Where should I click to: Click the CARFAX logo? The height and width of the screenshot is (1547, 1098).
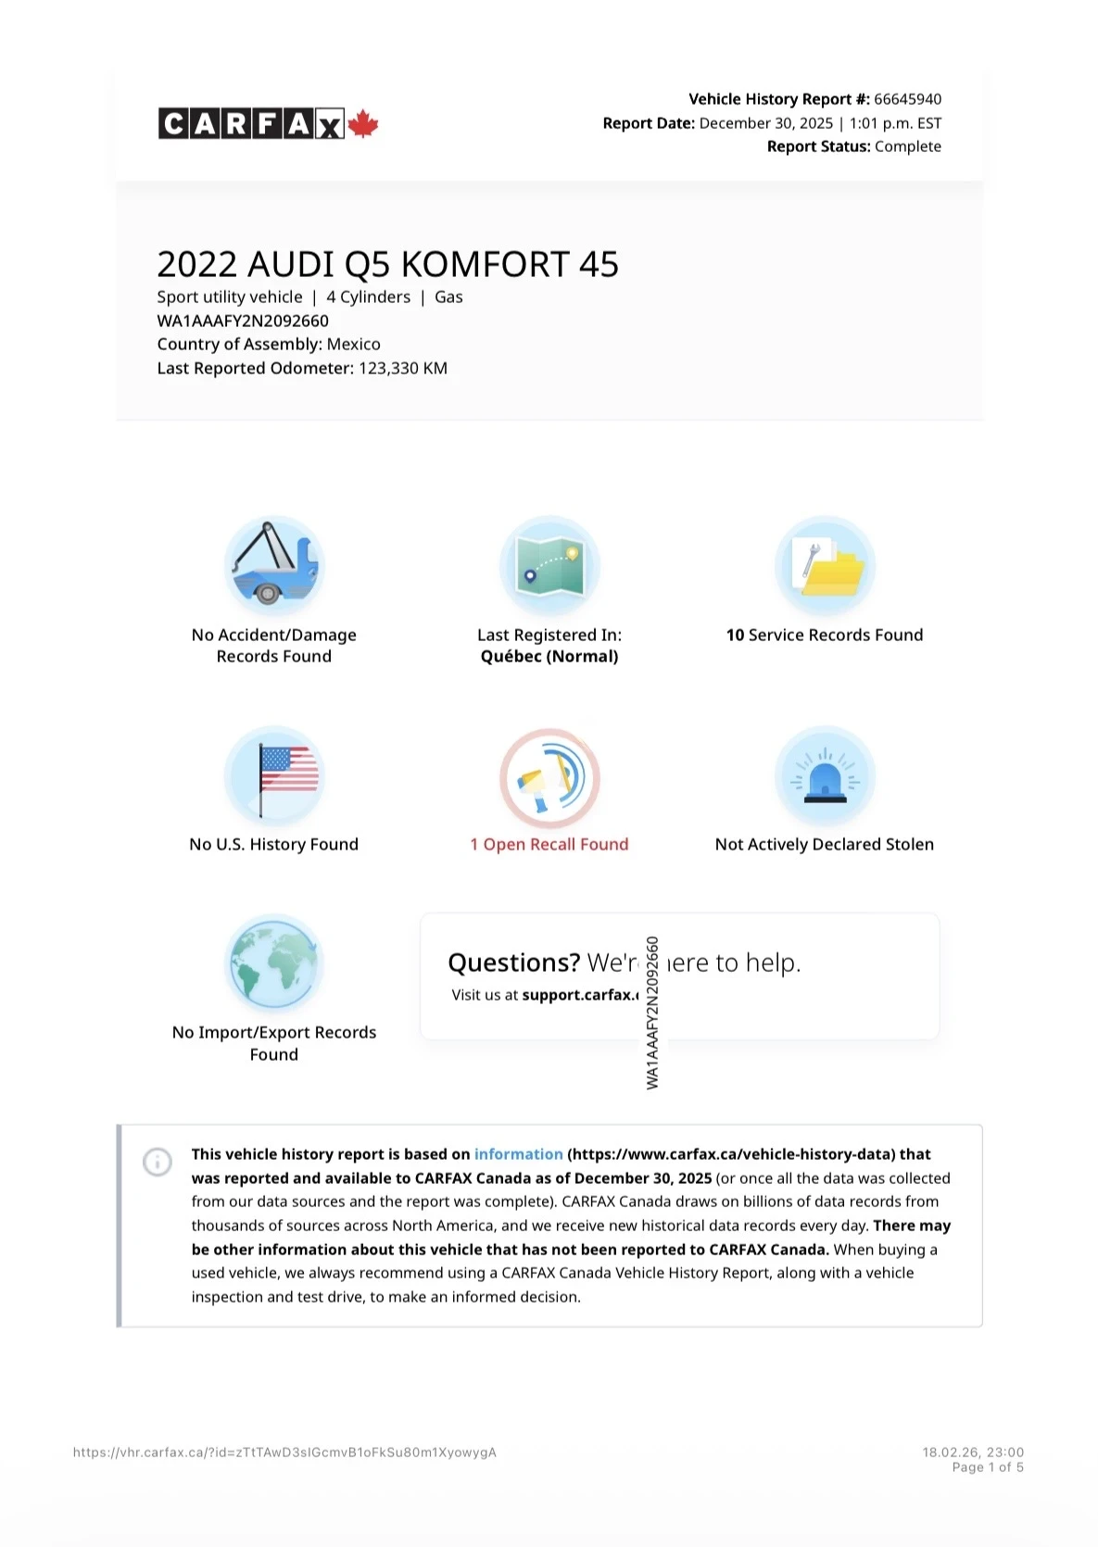pos(251,123)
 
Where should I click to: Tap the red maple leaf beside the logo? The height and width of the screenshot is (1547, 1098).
pos(363,123)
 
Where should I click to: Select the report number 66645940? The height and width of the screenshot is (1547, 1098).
pos(907,99)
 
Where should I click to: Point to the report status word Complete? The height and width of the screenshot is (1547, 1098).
pos(907,146)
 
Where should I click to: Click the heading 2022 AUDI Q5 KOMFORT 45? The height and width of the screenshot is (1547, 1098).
pos(387,265)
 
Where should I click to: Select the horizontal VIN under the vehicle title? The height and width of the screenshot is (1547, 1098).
pos(243,321)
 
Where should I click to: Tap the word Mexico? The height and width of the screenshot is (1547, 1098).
pos(354,345)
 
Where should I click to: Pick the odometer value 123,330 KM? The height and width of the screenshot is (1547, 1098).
pos(403,368)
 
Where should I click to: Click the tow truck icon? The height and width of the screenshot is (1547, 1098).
pos(273,564)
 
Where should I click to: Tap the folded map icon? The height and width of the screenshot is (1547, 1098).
pos(549,566)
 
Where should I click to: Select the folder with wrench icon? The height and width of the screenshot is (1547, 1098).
pos(825,566)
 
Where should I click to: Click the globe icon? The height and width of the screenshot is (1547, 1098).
pos(274,964)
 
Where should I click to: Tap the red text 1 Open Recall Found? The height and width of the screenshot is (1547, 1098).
pos(549,844)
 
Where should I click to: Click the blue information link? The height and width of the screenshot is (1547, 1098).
pos(518,1154)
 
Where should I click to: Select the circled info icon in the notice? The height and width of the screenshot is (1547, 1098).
pos(158,1162)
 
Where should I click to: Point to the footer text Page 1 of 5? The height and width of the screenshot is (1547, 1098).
pos(987,1467)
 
